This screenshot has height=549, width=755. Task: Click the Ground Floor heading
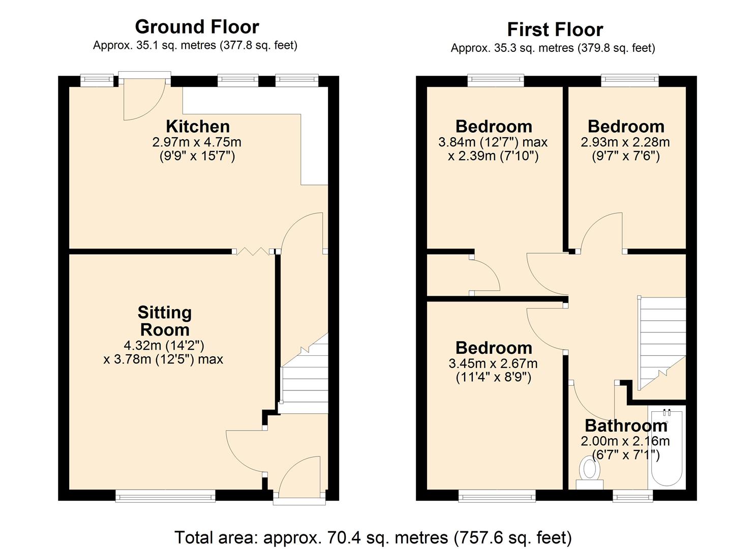[x=197, y=26]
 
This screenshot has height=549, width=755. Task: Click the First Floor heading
[x=555, y=29]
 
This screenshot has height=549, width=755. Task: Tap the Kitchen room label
[x=198, y=126]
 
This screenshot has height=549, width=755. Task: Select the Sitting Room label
[x=164, y=320]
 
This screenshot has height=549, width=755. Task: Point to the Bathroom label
[x=625, y=425]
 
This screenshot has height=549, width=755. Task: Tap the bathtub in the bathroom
[x=667, y=447]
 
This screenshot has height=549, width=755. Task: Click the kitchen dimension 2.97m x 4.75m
[x=197, y=142]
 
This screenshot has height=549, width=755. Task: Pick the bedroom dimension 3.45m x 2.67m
[x=493, y=363]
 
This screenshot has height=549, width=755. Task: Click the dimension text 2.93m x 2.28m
[x=625, y=142]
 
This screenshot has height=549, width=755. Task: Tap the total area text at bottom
[x=373, y=537]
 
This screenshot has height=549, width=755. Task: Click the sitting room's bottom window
[x=165, y=496]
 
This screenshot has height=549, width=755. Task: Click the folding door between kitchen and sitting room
[x=252, y=251]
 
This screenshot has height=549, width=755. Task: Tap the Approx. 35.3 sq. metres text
[x=553, y=48]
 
